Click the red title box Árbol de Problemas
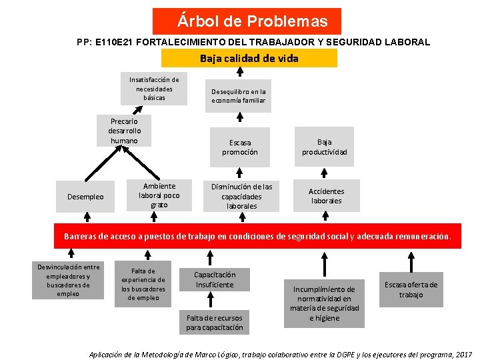pos(247,21)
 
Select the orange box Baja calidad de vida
pos(249,58)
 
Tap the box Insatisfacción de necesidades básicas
pos(154,89)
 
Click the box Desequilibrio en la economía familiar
pos(238,96)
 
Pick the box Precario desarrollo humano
pos(124,131)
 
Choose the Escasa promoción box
pos(239,147)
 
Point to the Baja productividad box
pos(325,147)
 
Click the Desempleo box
pos(85,197)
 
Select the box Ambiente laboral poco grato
pos(159,195)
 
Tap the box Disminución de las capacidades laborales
pos(241,196)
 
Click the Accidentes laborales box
pos(326,196)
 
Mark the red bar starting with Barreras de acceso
pos(257,236)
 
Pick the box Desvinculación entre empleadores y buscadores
pos(67,280)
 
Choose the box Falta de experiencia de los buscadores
pos(143,285)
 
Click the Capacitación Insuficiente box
pos(215,279)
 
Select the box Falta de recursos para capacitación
pos(215,323)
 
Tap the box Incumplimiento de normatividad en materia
pos(324,303)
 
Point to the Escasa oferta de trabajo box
pos(411,289)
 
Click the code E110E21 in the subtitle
pos(117,42)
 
